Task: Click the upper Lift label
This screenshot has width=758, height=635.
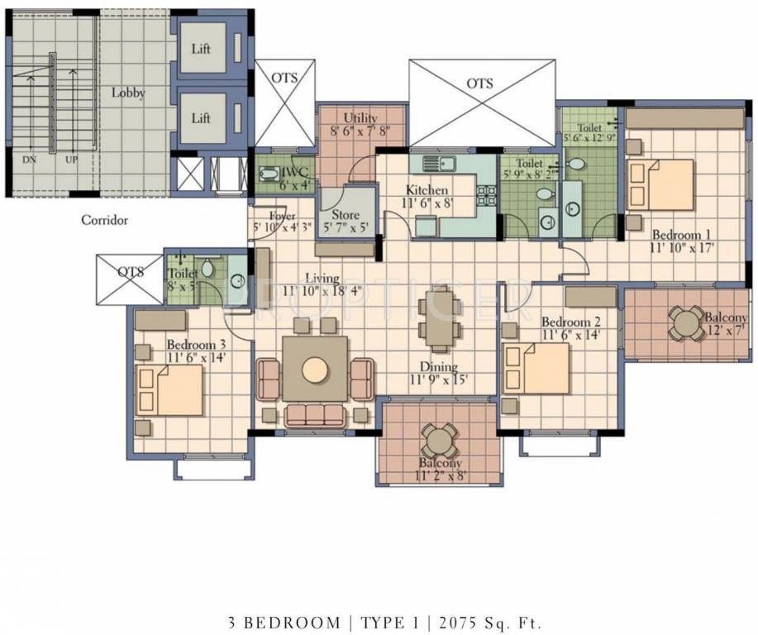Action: [x=201, y=49]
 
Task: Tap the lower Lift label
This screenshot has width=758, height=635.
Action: [x=201, y=118]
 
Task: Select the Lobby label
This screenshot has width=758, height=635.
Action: [x=128, y=93]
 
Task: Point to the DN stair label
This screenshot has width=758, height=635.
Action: [x=29, y=160]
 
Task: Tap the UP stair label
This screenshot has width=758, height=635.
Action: [x=72, y=160]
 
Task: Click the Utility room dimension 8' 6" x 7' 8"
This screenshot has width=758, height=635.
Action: [x=360, y=130]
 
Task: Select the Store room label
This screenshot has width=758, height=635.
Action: [x=346, y=215]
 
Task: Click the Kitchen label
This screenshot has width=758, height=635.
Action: [x=427, y=190]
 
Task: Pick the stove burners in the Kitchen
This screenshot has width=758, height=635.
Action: [x=488, y=196]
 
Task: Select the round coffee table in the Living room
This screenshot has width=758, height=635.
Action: [x=316, y=370]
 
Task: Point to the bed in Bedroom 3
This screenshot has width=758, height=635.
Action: [x=170, y=389]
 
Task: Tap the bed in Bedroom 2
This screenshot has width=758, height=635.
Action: [x=536, y=368]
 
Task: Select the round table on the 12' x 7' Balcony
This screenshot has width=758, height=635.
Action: [x=686, y=323]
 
